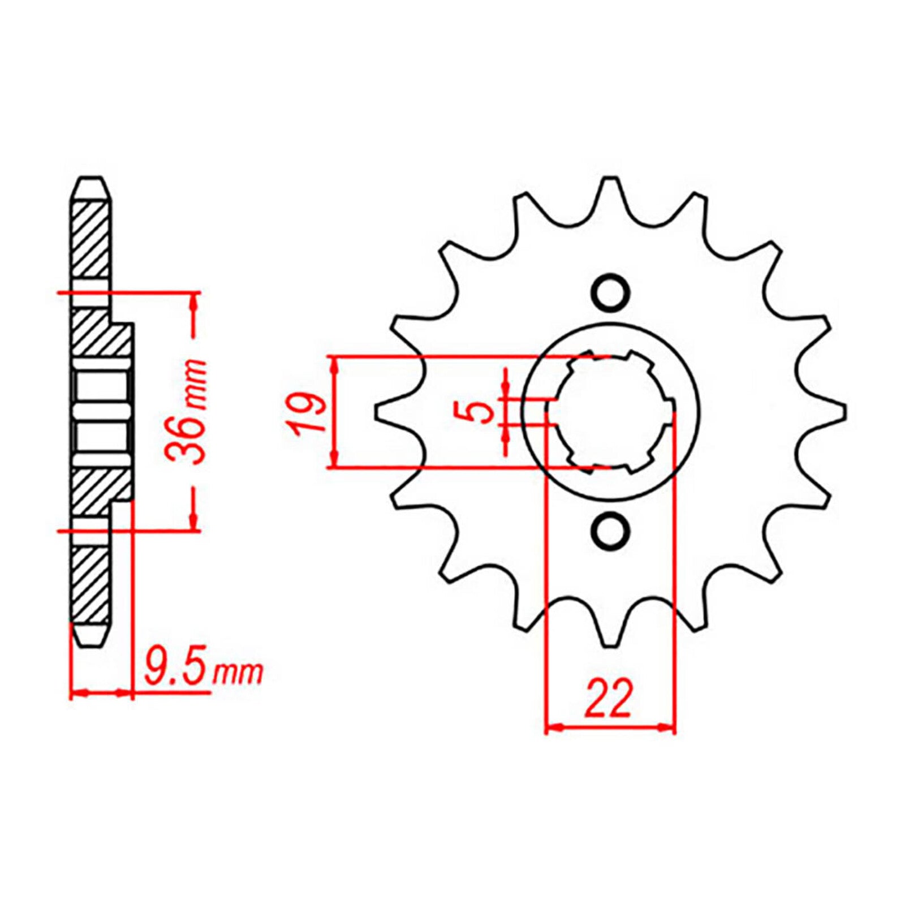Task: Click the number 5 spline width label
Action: coord(481,413)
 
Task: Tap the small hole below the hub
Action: coord(610,530)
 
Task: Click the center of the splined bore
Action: coord(611,412)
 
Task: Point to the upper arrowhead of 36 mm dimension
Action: coord(194,303)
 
